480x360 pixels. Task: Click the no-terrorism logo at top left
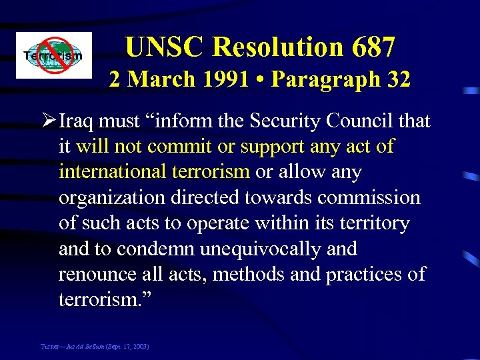click(54, 55)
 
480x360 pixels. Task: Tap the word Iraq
click(77, 121)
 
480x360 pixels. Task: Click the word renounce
click(96, 274)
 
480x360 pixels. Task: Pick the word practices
click(364, 274)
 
